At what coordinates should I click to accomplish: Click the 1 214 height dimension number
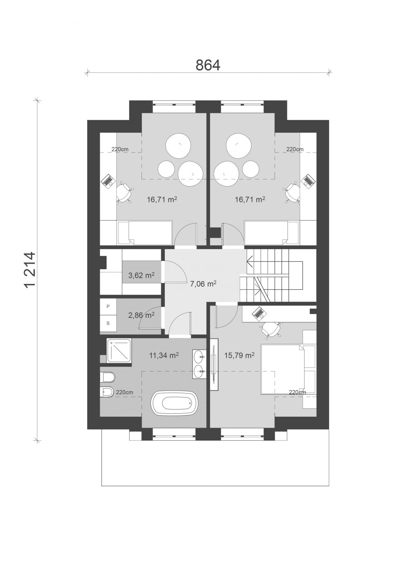click(29, 269)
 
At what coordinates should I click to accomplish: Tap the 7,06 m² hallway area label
click(203, 284)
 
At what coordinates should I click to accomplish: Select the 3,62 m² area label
click(141, 275)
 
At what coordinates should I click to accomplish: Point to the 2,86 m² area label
click(141, 315)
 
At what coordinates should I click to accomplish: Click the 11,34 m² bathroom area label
click(164, 355)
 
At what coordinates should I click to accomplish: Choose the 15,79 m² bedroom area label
click(239, 355)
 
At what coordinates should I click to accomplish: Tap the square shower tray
click(119, 351)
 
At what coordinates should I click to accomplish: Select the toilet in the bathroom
click(107, 377)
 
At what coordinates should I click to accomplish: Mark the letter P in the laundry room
click(108, 306)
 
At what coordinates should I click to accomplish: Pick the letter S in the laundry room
click(108, 323)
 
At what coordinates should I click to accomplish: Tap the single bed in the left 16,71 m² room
click(145, 233)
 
